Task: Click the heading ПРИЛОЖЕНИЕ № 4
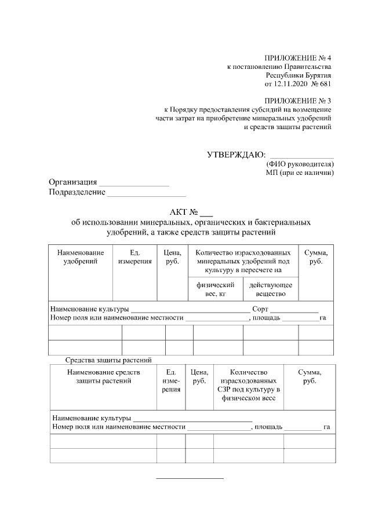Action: pos(297,58)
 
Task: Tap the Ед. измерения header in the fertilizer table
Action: pos(135,257)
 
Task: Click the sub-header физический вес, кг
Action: pos(215,290)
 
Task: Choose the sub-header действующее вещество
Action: pos(270,290)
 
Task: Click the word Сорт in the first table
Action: pos(260,309)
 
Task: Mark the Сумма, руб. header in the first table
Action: pos(316,257)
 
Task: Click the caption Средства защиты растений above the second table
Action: pos(108,360)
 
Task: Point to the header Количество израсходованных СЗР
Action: pos(248,385)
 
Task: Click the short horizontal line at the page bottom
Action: pos(190,478)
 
